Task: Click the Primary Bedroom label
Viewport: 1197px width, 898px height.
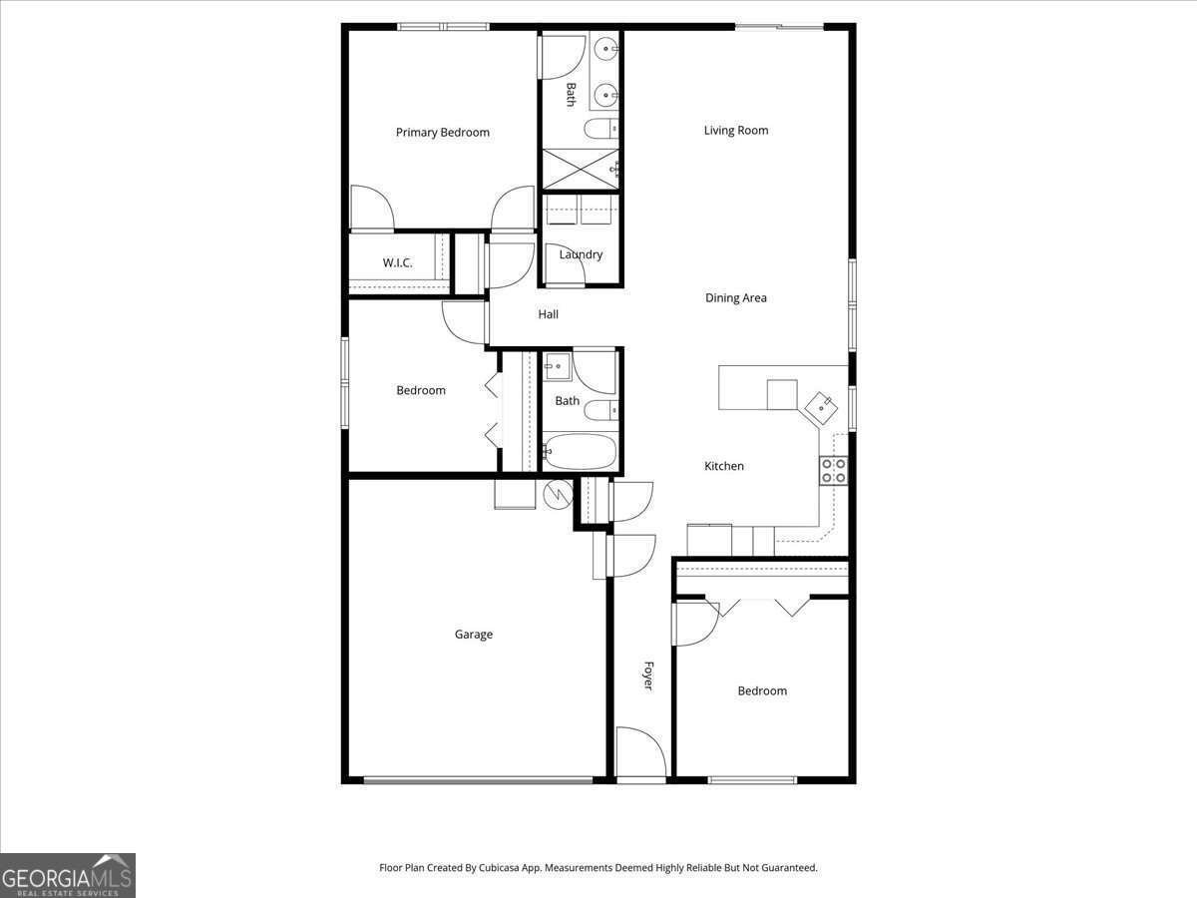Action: pyautogui.click(x=442, y=133)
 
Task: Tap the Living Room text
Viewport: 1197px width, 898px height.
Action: pyautogui.click(x=735, y=131)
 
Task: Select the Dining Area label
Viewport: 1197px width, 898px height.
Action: pyautogui.click(x=735, y=297)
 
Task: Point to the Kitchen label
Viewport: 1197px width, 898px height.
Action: pyautogui.click(x=723, y=466)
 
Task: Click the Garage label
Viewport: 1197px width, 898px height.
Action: pyautogui.click(x=474, y=635)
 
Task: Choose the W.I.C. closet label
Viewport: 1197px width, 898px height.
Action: pyautogui.click(x=397, y=262)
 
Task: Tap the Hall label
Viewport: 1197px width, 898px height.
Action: pyautogui.click(x=548, y=314)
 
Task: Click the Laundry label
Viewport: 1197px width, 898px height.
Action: pyautogui.click(x=581, y=254)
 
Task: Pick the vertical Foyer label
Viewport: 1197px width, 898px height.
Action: pyautogui.click(x=648, y=676)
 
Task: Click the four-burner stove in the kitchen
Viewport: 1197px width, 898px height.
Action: pyautogui.click(x=834, y=471)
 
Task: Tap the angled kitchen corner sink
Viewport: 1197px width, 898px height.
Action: pyautogui.click(x=821, y=407)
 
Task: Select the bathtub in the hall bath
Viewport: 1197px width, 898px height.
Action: pyautogui.click(x=581, y=451)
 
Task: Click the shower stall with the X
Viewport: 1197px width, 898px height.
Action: pyautogui.click(x=581, y=169)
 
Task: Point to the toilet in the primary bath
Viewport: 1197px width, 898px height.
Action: pyautogui.click(x=601, y=129)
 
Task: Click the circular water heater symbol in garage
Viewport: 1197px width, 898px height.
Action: pyautogui.click(x=558, y=494)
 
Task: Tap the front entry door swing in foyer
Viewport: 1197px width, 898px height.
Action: pyautogui.click(x=641, y=751)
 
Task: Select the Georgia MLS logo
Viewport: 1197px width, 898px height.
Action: pyautogui.click(x=68, y=875)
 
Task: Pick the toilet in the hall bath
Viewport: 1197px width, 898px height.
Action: pyautogui.click(x=601, y=410)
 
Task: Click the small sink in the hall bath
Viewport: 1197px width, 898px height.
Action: pyautogui.click(x=557, y=366)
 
